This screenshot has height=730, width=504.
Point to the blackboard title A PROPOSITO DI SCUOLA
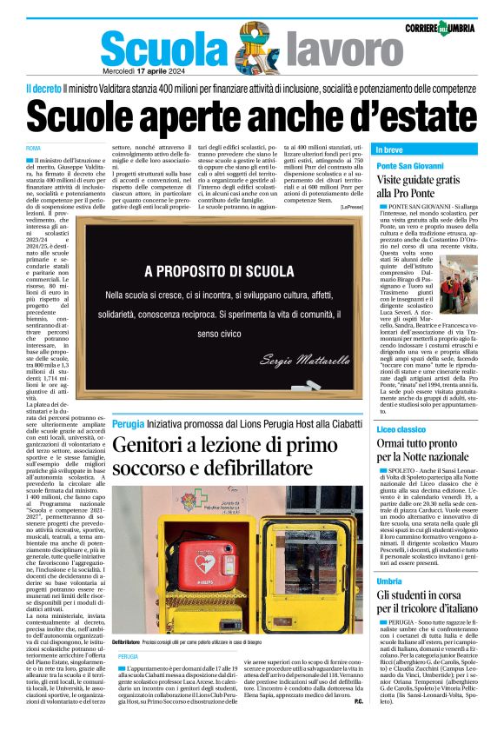219,270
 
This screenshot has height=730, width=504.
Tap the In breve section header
390,149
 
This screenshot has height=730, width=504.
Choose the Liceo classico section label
401,428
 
